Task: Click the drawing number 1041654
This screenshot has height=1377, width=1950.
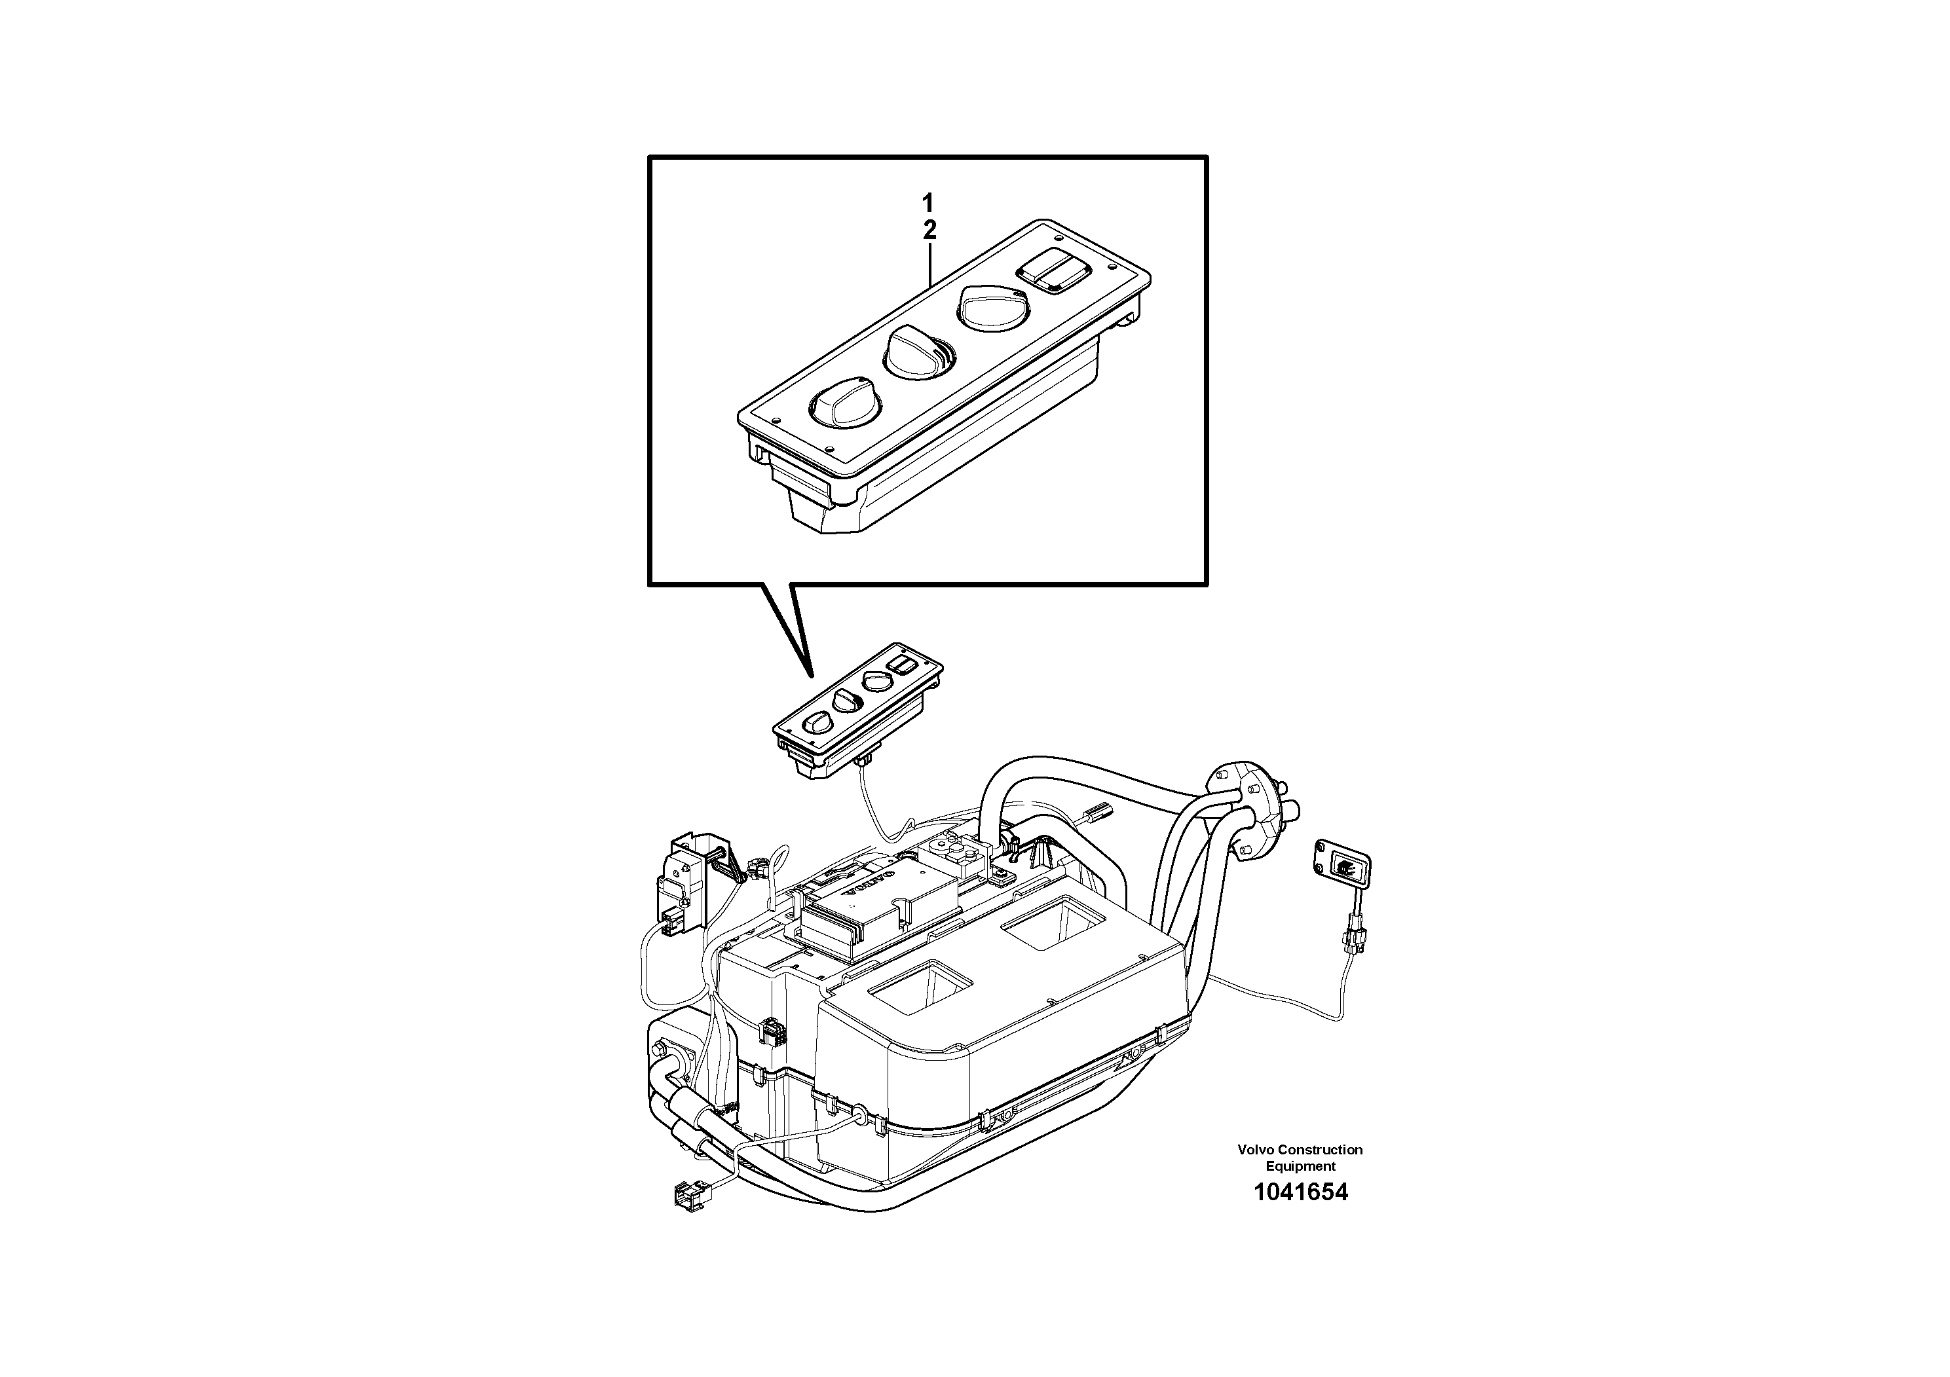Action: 1300,1192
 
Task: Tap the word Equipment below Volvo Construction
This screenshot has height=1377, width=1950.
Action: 1300,1166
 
